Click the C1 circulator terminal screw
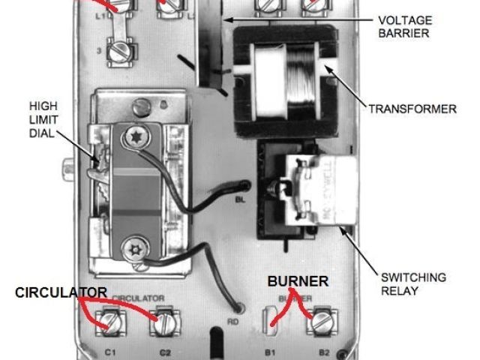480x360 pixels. point(111,323)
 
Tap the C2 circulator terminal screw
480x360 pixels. point(160,323)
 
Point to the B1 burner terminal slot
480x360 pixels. point(271,321)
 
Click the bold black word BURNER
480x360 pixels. point(298,281)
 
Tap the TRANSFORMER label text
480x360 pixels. point(412,109)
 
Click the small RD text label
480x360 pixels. point(232,325)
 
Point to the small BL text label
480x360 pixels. point(240,201)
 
